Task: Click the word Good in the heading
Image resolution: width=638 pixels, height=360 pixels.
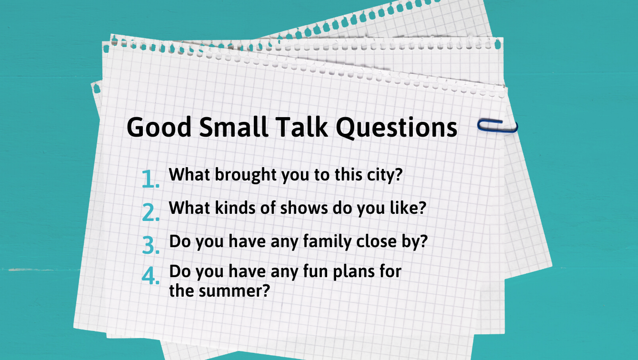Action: (x=159, y=127)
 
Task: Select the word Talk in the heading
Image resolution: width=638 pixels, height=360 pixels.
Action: (x=302, y=127)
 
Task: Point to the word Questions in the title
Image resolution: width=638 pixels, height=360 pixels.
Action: (x=397, y=128)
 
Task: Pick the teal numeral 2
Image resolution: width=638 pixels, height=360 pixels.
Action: (x=150, y=212)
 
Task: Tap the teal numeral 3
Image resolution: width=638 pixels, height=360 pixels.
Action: (x=150, y=245)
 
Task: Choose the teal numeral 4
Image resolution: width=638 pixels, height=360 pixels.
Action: (x=150, y=276)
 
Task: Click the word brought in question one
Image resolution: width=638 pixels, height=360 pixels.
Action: (x=246, y=175)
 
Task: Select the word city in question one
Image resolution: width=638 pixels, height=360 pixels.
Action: (x=381, y=175)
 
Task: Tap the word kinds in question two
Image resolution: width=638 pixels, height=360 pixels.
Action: (x=235, y=208)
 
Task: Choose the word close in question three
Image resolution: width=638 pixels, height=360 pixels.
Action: (x=377, y=241)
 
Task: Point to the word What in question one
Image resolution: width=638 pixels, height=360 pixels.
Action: (x=189, y=174)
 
